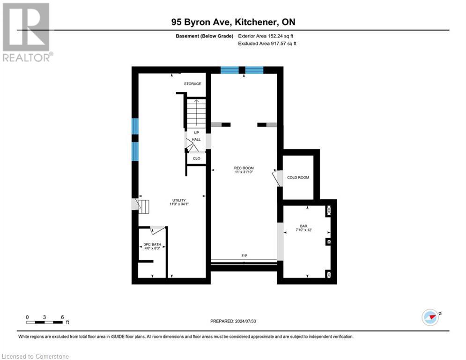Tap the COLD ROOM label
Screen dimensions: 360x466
[298, 178]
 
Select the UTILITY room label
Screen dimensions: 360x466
[178, 200]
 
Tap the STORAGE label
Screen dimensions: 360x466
[192, 84]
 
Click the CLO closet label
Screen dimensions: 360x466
[197, 158]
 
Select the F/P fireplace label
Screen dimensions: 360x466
[244, 256]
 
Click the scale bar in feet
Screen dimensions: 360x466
[45, 322]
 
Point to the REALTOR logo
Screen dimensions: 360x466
[27, 32]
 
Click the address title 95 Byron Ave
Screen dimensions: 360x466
[233, 22]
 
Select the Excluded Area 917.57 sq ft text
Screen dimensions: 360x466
[267, 44]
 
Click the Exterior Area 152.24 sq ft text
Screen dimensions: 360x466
[266, 36]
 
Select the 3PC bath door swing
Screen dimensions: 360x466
[157, 229]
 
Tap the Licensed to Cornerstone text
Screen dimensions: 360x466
[36, 357]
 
